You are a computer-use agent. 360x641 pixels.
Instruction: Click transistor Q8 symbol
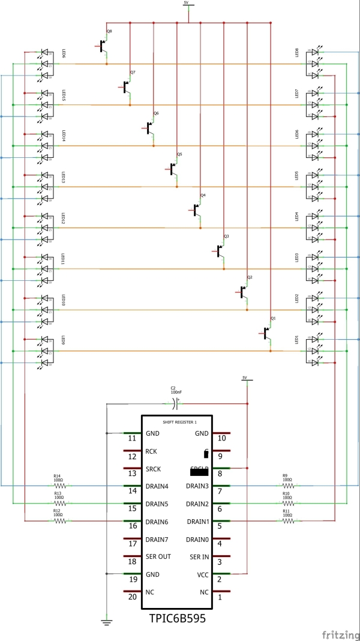(103, 44)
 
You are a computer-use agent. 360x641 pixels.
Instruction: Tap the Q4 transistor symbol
(197, 209)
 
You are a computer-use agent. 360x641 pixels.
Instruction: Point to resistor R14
(59, 486)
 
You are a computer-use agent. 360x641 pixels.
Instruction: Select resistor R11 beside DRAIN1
(289, 521)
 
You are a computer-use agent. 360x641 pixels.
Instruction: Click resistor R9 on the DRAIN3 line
(289, 486)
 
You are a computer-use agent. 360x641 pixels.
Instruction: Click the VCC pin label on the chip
(202, 574)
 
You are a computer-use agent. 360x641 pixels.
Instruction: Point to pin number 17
(133, 544)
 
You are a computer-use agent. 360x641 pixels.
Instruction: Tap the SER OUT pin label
(158, 557)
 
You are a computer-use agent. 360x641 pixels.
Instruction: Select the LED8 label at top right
(297, 53)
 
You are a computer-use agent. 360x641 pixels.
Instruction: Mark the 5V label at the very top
(186, 3)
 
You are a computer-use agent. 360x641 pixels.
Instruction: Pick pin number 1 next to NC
(220, 597)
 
